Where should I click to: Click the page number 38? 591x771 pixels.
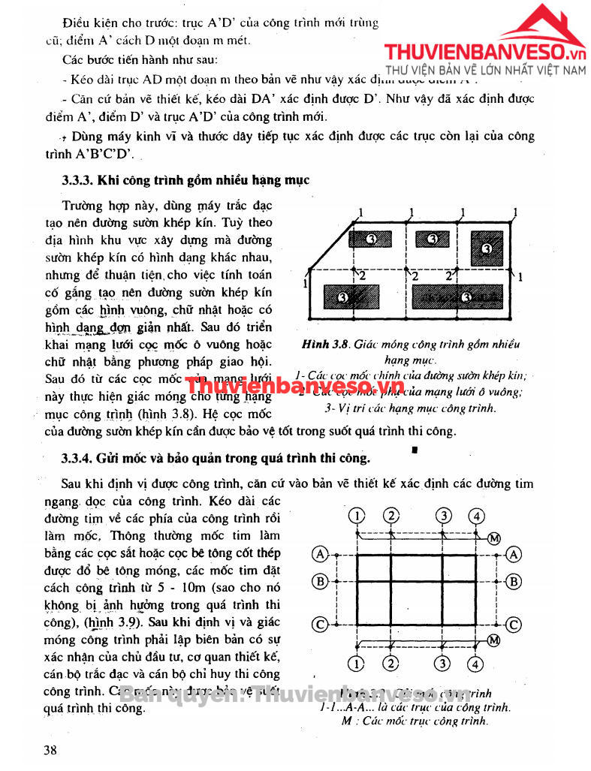[50, 750]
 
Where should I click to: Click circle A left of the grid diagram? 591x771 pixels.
[320, 554]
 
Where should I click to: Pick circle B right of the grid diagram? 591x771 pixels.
[514, 581]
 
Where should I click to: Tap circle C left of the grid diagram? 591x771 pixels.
[320, 625]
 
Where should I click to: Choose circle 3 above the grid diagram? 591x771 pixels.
[445, 515]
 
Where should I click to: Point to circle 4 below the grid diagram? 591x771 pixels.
[475, 664]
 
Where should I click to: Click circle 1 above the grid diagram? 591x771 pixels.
[357, 515]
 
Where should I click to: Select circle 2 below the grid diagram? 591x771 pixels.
[391, 664]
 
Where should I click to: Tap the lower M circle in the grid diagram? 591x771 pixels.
[493, 640]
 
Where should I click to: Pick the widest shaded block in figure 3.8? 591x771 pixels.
[458, 297]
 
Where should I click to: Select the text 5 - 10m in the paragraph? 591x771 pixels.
[179, 586]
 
